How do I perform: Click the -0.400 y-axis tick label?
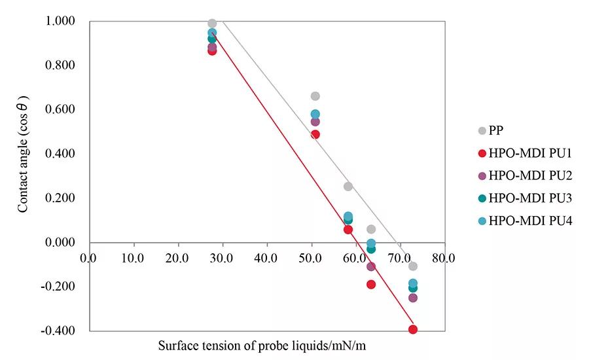(x=63, y=331)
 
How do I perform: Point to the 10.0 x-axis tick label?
(x=133, y=258)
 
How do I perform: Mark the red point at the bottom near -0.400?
(x=413, y=329)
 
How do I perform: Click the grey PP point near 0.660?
(x=315, y=96)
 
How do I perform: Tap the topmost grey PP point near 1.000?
(x=212, y=24)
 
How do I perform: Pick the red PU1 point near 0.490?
(x=315, y=134)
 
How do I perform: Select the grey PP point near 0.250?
(x=348, y=187)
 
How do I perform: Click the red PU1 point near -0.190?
(x=371, y=284)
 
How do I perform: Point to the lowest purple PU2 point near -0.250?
(x=413, y=298)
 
